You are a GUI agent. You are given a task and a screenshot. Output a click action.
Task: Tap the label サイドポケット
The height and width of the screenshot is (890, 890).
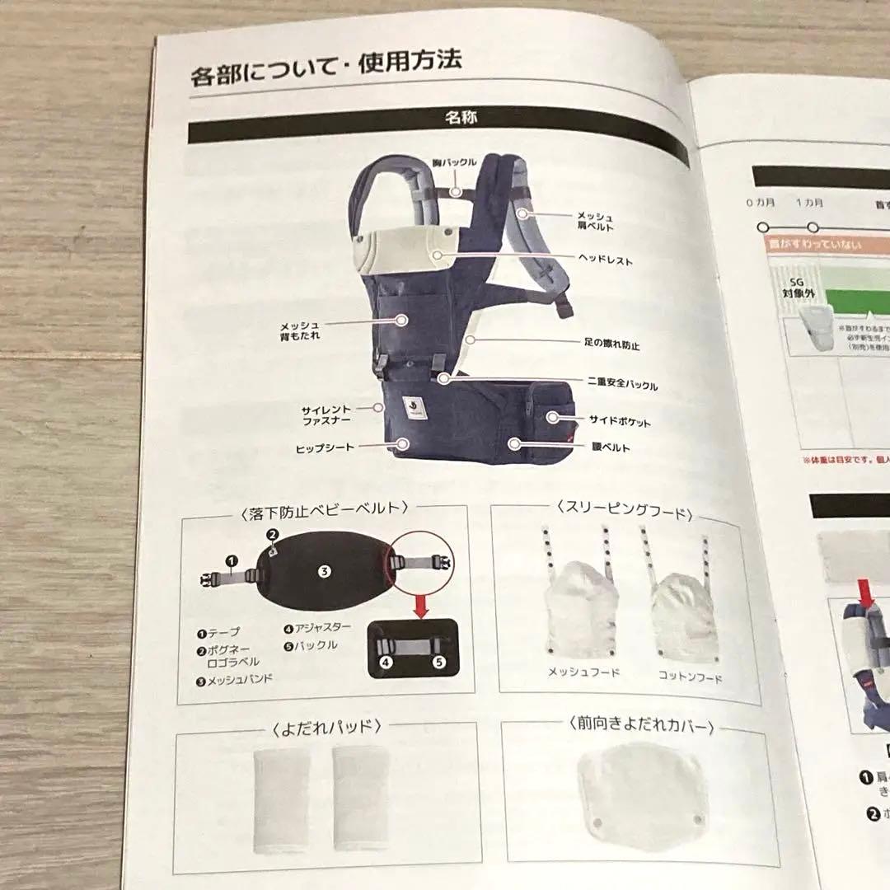(619, 422)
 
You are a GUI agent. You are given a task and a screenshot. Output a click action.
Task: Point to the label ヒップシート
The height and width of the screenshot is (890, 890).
(325, 447)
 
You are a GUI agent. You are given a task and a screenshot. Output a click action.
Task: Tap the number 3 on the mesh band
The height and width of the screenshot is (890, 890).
(325, 570)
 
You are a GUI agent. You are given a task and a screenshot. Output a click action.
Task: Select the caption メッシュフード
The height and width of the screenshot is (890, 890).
(583, 672)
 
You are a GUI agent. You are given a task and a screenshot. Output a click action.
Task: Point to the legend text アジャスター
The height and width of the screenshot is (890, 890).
(322, 628)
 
